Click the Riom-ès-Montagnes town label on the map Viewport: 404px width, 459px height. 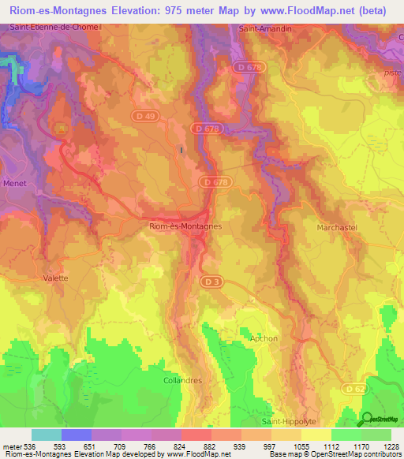tap(185, 226)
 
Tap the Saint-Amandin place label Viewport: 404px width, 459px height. tap(260, 28)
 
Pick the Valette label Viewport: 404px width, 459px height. tap(55, 278)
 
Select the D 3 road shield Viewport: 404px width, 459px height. tap(210, 281)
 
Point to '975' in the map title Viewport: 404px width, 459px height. tap(179, 10)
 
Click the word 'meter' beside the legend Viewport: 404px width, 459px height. tap(11, 446)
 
